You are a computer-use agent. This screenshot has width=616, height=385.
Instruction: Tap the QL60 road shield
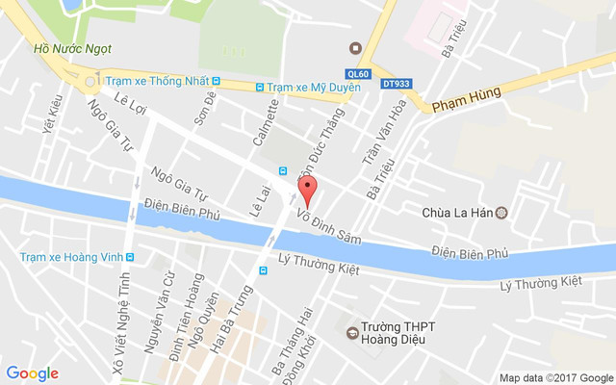357,72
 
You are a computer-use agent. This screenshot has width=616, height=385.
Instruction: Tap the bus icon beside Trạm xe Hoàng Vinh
130,257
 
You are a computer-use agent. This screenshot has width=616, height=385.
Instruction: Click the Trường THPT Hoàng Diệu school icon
352,333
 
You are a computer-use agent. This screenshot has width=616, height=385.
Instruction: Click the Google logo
33,373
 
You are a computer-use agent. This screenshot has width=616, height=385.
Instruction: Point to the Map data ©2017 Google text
555,377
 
